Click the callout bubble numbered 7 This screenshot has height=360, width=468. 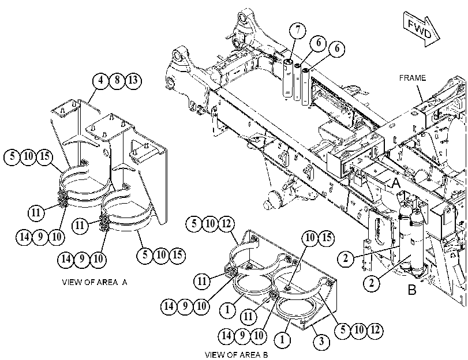click(x=298, y=30)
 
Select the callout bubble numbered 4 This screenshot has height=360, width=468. click(x=101, y=80)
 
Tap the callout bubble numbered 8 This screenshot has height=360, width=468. click(x=117, y=80)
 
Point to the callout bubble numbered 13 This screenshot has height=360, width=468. click(x=133, y=80)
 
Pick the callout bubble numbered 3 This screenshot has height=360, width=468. click(x=321, y=341)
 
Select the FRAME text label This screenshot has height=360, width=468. click(x=413, y=78)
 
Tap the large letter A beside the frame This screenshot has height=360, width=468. click(x=396, y=183)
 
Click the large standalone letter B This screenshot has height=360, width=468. click(x=412, y=289)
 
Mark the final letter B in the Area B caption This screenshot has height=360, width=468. click(x=265, y=355)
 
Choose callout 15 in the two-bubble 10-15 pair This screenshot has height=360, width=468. click(x=327, y=238)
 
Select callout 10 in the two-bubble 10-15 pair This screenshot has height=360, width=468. click(x=310, y=238)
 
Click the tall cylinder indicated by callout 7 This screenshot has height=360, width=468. click(x=287, y=78)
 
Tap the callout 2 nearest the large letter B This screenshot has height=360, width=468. click(x=372, y=282)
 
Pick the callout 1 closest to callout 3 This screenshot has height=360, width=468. click(x=282, y=339)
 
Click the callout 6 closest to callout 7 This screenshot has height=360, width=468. click(x=319, y=43)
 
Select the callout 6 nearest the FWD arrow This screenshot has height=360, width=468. click(x=336, y=48)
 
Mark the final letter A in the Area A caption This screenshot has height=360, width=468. click(x=125, y=282)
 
